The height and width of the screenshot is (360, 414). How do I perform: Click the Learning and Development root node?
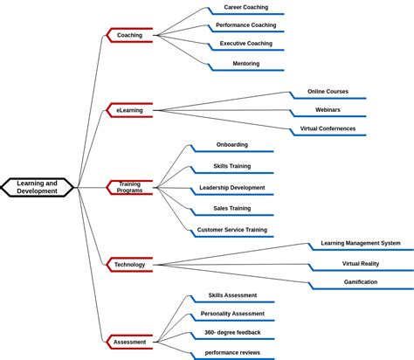coord(37,187)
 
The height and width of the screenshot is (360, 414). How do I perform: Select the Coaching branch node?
coord(129,35)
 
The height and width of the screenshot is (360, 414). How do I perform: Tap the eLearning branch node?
coord(129,110)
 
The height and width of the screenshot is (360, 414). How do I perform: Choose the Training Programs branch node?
coord(129,187)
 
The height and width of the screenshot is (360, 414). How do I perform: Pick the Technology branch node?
coord(129,264)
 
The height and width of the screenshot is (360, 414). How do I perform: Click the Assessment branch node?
coord(129,342)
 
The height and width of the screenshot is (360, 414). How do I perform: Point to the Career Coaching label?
coord(245,7)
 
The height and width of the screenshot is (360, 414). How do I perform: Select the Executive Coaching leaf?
coord(245,44)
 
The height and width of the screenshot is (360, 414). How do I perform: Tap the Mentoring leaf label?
coord(245,63)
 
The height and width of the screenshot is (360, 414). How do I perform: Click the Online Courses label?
coord(328,92)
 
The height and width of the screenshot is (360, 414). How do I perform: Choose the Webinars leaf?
coord(328,110)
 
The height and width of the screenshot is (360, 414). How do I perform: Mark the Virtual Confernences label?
coord(328,128)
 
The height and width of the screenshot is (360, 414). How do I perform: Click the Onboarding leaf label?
coord(231,144)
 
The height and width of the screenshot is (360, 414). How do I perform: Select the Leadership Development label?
coord(231,187)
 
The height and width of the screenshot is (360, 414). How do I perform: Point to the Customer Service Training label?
coord(231,230)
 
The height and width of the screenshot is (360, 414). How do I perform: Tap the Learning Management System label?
coord(360,244)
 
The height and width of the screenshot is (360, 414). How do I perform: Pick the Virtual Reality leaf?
coord(360,263)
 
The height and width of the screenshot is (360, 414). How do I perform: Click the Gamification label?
coord(360,282)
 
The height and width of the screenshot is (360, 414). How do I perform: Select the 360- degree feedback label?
coord(232,332)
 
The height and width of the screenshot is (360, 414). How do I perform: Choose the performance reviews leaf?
coord(232,352)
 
